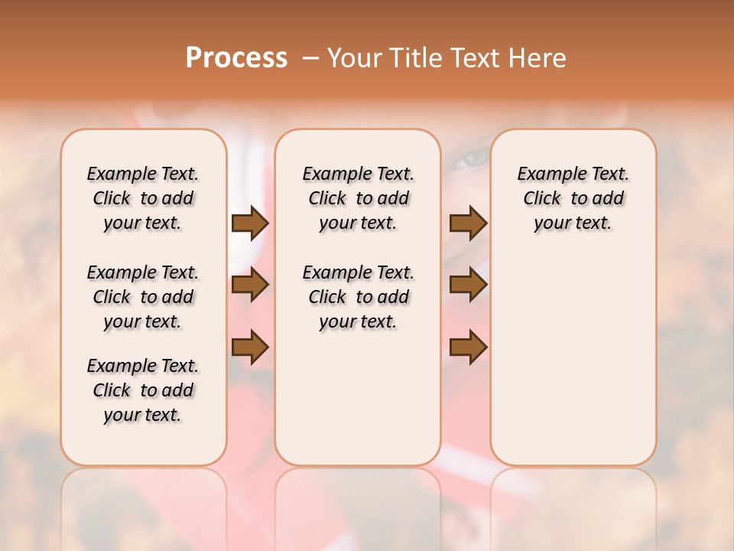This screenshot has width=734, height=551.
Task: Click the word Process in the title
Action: tap(236, 57)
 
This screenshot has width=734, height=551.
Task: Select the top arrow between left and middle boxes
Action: tap(250, 223)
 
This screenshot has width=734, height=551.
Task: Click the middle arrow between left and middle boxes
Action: tap(250, 285)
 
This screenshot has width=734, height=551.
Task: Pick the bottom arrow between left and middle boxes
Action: tap(250, 347)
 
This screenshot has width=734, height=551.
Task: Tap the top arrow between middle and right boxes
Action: tap(468, 223)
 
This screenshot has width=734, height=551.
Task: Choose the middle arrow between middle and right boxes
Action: tap(468, 285)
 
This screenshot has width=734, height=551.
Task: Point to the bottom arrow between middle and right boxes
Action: tap(468, 347)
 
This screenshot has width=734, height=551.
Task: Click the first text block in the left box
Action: tap(143, 198)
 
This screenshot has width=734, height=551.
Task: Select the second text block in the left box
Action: tap(143, 297)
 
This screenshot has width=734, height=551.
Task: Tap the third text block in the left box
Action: tap(143, 390)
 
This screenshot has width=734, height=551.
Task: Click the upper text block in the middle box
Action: tap(358, 198)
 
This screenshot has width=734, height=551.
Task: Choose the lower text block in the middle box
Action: tap(358, 297)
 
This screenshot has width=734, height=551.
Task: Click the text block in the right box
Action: tap(573, 198)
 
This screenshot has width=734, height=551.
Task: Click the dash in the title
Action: tap(310, 57)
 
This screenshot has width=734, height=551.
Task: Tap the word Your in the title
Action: tap(353, 57)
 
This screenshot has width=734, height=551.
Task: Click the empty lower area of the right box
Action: tap(573, 367)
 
